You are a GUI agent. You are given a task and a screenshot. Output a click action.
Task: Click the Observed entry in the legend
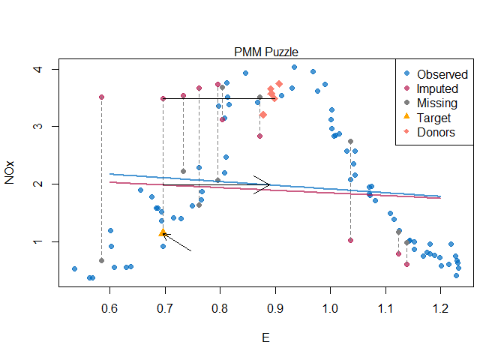(442, 74)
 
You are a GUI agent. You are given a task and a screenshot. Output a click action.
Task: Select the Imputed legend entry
(438, 88)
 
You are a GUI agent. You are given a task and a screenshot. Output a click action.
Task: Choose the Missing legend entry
(436, 103)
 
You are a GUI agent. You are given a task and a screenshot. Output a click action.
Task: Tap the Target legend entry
(434, 118)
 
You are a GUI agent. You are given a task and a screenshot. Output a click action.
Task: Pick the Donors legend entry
(436, 132)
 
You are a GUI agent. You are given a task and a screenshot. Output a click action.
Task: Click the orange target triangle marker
(163, 233)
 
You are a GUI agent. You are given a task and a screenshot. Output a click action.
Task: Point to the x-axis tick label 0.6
(109, 307)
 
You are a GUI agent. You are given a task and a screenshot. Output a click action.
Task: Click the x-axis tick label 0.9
(275, 307)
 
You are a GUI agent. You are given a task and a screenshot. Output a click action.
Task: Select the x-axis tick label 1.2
(440, 307)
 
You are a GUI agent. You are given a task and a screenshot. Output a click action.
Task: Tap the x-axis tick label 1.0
(330, 307)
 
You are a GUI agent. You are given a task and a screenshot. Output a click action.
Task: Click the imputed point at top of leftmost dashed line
(101, 97)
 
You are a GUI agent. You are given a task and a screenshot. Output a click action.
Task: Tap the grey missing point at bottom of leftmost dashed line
(101, 260)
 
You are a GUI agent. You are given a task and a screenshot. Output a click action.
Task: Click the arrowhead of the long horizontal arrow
(268, 184)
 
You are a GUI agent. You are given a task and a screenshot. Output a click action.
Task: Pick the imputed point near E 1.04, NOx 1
(350, 240)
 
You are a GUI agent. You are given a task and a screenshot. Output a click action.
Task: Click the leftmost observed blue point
(74, 268)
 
